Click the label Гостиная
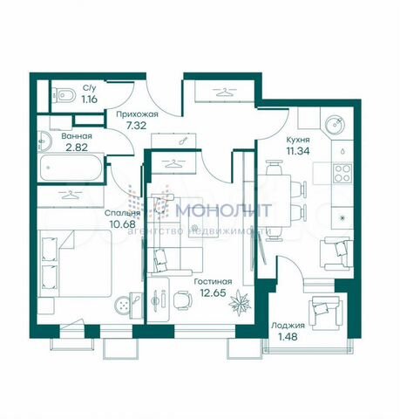pos(214,281)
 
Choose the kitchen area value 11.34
pos(300,150)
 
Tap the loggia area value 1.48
pos(285,337)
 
